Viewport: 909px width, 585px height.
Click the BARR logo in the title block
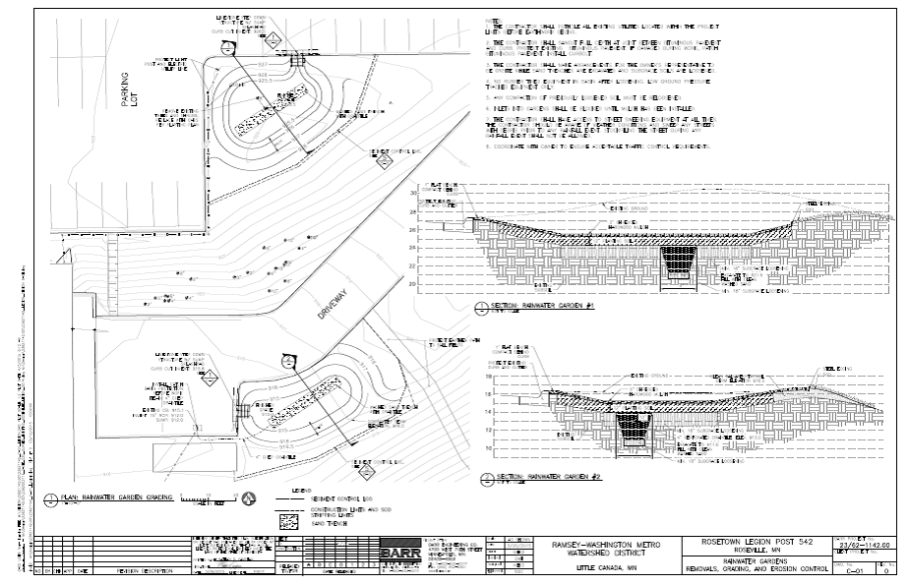pos(400,552)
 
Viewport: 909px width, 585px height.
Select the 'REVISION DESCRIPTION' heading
pos(144,570)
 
